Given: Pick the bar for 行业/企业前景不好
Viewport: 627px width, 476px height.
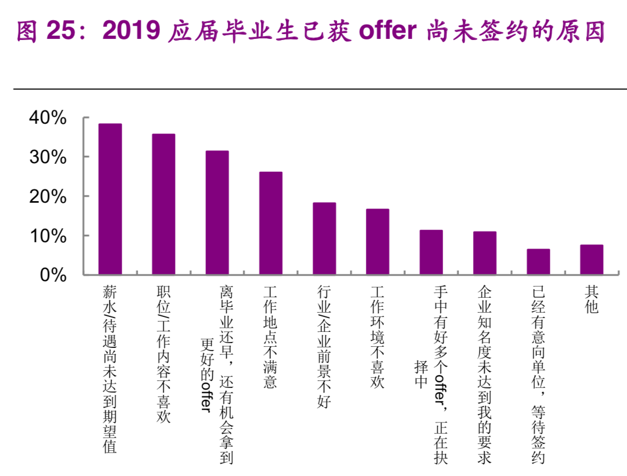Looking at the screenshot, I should point(324,239).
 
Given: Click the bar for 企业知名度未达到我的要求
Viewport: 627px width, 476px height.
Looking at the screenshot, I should point(485,253).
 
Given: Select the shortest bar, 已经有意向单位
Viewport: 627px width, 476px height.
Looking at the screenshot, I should point(538,261).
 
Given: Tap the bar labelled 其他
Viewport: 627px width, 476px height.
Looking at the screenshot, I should point(592,259).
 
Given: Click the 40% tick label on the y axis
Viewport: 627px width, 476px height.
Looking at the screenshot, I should point(47,118).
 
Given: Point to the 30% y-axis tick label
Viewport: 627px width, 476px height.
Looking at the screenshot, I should point(47,157).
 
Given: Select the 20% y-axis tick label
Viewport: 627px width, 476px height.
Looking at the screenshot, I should point(47,197).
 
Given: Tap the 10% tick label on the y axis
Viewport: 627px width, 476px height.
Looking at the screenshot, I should point(47,236).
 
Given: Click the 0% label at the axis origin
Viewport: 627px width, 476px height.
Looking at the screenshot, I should point(53,275).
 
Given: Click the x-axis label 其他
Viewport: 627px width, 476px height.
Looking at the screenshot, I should point(592,299).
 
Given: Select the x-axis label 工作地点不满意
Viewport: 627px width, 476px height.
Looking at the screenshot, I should point(271,337).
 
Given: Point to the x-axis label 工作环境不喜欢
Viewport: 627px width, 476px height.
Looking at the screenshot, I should point(377,337).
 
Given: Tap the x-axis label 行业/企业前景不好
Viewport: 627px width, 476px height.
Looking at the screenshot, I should point(324,346).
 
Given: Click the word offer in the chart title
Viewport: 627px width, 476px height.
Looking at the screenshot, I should point(387,31).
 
